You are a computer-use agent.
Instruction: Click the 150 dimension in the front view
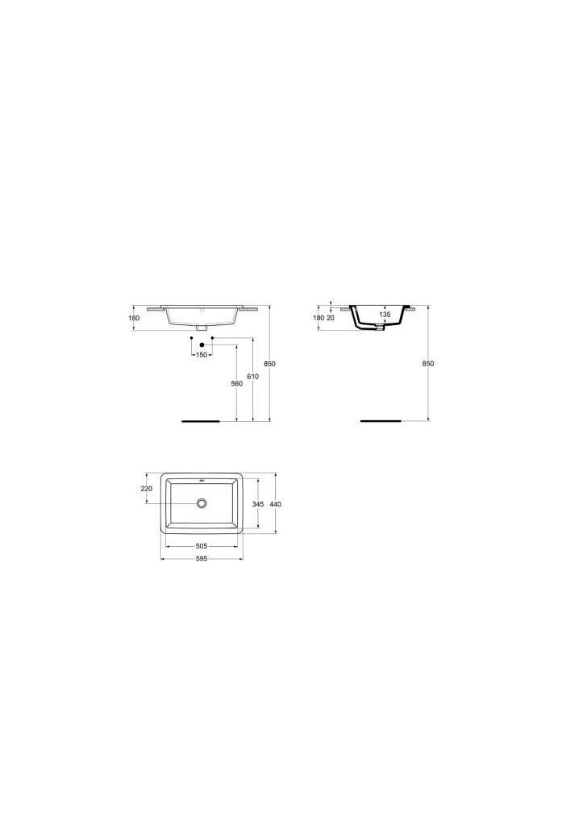[201, 355]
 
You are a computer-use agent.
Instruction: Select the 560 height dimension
[236, 383]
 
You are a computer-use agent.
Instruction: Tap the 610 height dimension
[253, 377]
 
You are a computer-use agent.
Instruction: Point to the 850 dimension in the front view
[270, 364]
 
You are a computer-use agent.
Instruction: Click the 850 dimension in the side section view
[428, 364]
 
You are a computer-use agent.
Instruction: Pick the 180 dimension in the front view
[134, 318]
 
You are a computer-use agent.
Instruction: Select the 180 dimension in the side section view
[318, 318]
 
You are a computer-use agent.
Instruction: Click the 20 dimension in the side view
[331, 318]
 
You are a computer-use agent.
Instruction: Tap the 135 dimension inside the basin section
[385, 315]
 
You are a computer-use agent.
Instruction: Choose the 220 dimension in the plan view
[147, 489]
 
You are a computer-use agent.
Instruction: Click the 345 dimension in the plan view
[258, 503]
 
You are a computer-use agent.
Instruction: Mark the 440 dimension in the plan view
[277, 503]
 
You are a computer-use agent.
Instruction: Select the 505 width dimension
[202, 545]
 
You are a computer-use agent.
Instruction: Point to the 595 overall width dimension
[202, 558]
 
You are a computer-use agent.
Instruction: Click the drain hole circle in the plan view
[202, 503]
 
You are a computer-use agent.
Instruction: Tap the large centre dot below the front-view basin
[202, 344]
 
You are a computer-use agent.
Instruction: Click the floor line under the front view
[201, 421]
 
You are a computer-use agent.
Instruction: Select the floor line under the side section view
[379, 421]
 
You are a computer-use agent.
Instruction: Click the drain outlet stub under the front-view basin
[202, 327]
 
